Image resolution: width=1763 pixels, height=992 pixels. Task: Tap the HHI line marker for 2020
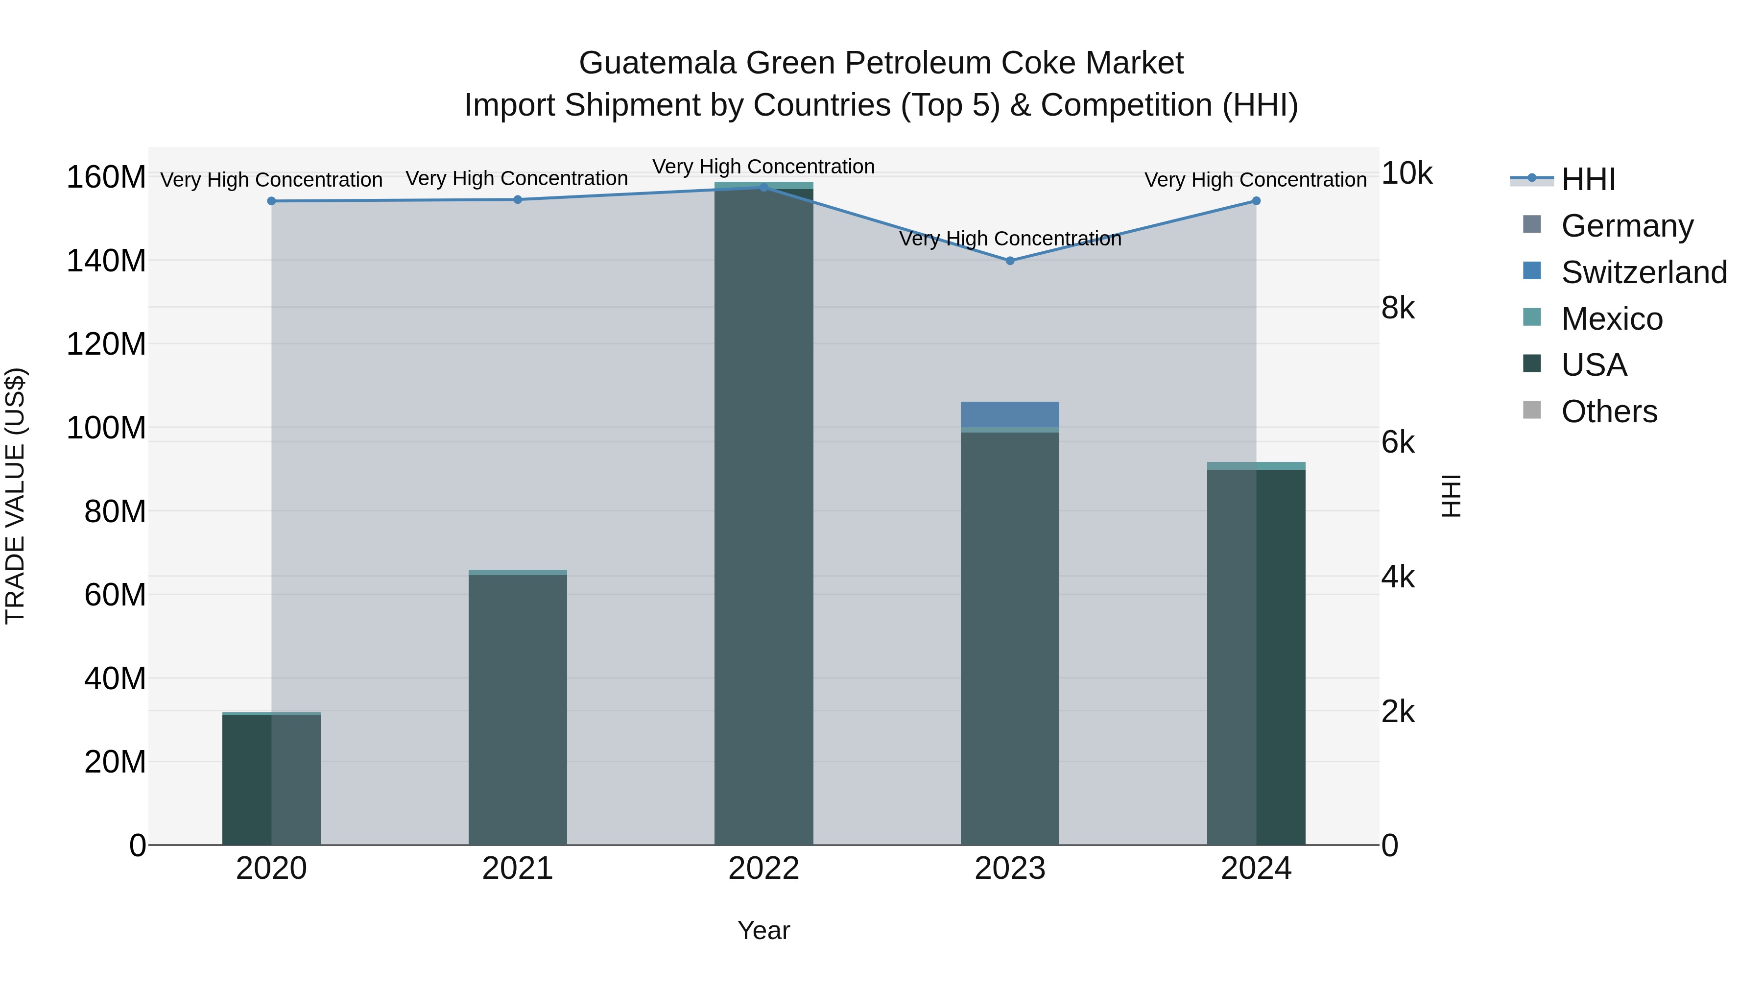(x=272, y=201)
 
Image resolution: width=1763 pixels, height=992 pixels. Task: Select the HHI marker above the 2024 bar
(x=1256, y=201)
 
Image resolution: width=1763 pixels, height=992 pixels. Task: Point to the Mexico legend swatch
(x=1532, y=317)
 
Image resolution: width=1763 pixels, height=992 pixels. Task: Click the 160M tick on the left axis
(x=106, y=177)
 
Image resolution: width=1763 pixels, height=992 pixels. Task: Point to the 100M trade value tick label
(x=106, y=428)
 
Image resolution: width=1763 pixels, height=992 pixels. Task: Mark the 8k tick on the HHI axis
(x=1398, y=308)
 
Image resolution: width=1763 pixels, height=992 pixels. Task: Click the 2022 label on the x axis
(x=764, y=869)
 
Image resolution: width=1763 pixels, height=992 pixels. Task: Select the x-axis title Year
(x=764, y=930)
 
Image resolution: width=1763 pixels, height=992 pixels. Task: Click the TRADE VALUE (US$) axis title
(x=16, y=496)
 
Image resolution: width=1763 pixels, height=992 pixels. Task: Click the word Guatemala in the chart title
(x=658, y=63)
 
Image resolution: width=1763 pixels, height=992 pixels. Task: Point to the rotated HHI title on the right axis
(x=1451, y=496)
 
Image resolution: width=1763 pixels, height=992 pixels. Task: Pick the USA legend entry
(x=1593, y=365)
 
